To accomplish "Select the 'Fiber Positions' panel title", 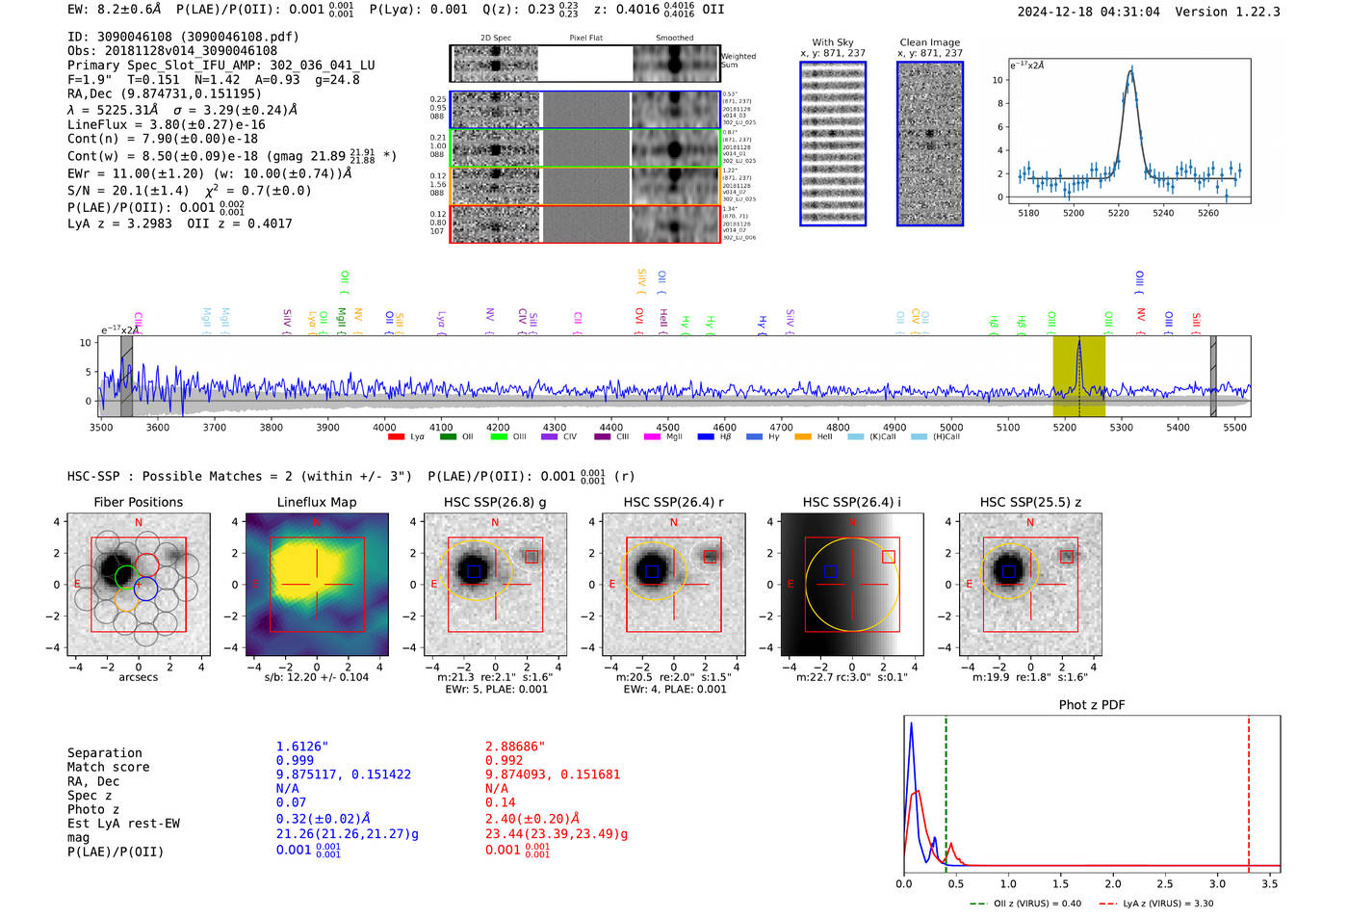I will [x=138, y=502].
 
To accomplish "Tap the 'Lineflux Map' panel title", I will [x=317, y=502].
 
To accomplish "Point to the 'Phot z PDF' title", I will [x=1092, y=705].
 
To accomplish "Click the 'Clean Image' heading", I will [x=929, y=42].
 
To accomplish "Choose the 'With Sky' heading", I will [x=832, y=42].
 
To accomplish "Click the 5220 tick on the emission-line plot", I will [x=1118, y=213].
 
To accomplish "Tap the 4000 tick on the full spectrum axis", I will [x=384, y=427].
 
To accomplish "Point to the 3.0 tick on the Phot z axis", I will [x=1217, y=883].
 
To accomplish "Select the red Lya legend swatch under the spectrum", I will [x=396, y=437].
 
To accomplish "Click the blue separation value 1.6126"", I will [x=302, y=747].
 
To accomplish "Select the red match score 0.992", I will [x=505, y=760].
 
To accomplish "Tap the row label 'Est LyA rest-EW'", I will [x=123, y=824].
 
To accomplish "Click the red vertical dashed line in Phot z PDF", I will [x=1249, y=790].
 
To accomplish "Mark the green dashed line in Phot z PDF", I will [x=946, y=790].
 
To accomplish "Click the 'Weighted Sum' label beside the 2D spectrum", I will [x=739, y=61].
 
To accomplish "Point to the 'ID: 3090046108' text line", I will [x=183, y=37].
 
